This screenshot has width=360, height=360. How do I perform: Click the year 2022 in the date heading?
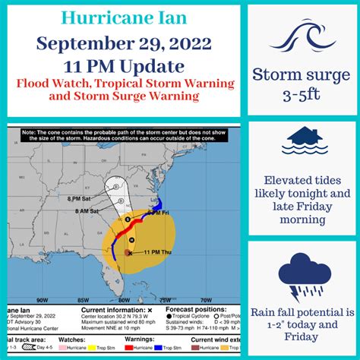[182, 46]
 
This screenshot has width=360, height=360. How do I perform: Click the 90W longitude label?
[43, 299]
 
